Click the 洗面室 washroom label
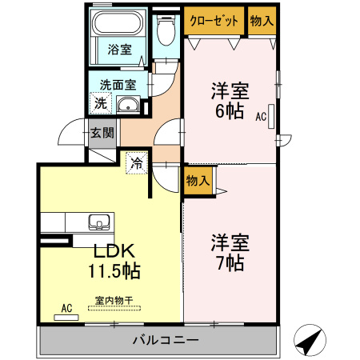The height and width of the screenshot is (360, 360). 118,84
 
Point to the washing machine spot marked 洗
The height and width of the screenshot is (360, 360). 100,102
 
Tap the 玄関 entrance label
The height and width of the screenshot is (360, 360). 101,134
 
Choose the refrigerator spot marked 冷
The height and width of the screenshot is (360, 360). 137,164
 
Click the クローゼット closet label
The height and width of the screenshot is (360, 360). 214,22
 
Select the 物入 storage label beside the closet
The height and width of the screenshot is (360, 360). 261,22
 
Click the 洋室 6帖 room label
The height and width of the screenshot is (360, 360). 230,100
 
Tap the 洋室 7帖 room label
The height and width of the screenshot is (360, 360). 229,250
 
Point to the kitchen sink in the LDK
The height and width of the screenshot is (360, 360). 99,222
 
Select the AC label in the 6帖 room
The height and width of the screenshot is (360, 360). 261,117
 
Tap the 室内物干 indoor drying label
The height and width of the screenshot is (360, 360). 114,302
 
